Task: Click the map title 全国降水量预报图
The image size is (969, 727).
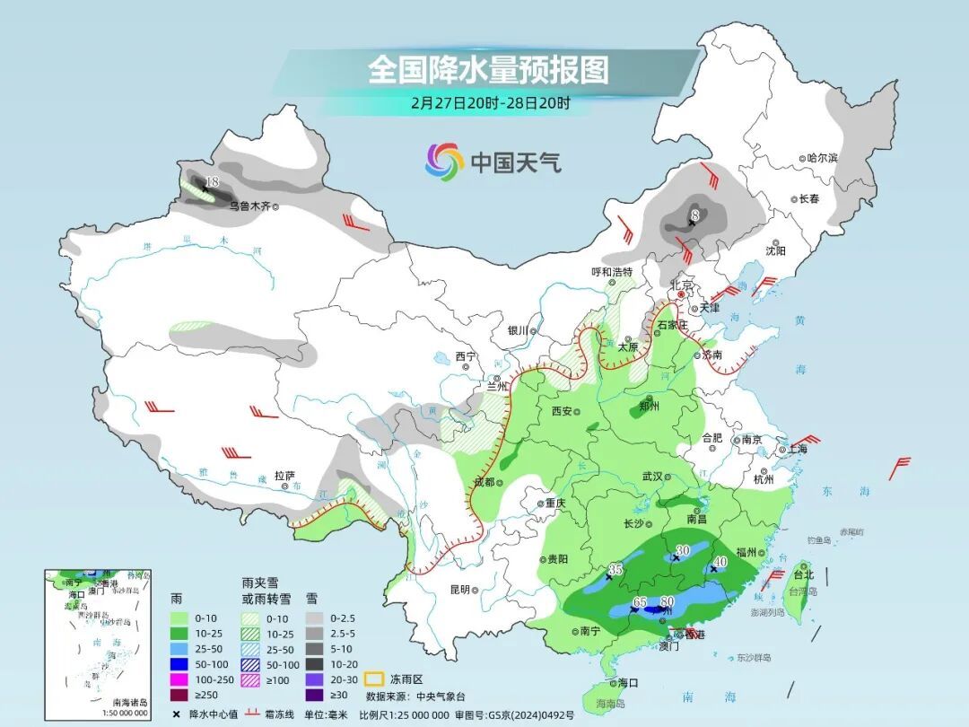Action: (488, 69)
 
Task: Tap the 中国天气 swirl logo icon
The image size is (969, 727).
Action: (444, 162)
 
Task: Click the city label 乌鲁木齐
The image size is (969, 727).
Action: (249, 206)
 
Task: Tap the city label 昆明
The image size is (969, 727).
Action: (459, 590)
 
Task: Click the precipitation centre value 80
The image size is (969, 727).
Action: (667, 601)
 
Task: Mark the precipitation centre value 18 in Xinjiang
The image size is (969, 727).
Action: (212, 182)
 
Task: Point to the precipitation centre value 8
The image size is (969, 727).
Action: (694, 215)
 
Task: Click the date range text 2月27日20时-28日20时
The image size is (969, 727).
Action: (490, 102)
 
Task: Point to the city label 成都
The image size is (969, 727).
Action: (484, 482)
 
